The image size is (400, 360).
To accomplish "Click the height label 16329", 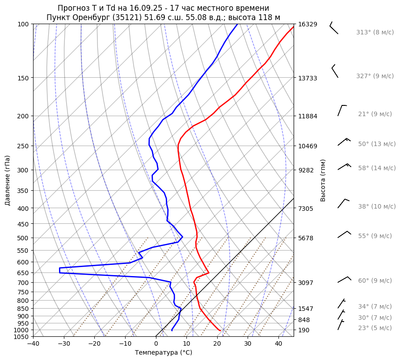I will click(x=307, y=24).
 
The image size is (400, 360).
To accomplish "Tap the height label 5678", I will click(x=307, y=238).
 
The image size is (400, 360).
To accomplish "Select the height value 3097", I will click(x=307, y=283).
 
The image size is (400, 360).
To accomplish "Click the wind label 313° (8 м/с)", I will click(x=375, y=32).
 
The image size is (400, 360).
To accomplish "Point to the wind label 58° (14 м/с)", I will click(x=377, y=168).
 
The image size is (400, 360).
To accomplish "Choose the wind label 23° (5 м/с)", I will click(x=375, y=328).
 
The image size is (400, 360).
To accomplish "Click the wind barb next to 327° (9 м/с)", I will click(x=334, y=71).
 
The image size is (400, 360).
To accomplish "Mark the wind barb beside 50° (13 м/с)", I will click(x=344, y=142).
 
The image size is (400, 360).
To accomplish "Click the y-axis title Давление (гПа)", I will click(x=8, y=180).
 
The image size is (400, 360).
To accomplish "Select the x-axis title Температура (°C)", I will click(x=164, y=353).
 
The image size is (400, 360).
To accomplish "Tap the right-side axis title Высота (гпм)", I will click(x=323, y=180).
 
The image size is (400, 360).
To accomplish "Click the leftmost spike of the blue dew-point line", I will click(x=59, y=270).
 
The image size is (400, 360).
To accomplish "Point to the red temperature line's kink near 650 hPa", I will click(x=208, y=273).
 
